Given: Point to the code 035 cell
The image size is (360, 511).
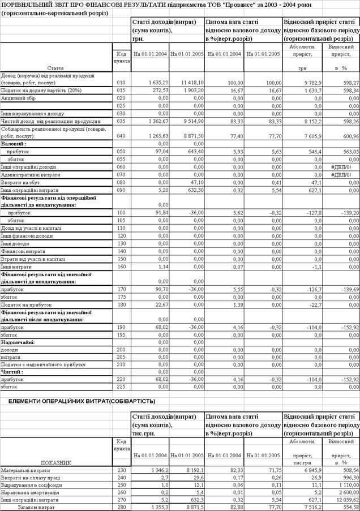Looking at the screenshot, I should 121,121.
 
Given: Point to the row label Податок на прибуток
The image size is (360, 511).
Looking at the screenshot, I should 25,304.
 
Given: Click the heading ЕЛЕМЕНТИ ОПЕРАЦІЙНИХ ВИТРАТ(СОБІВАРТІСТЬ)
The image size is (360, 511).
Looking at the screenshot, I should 78,401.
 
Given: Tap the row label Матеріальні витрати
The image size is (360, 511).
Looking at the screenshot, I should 27,470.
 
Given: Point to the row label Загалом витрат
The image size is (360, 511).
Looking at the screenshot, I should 34,508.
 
